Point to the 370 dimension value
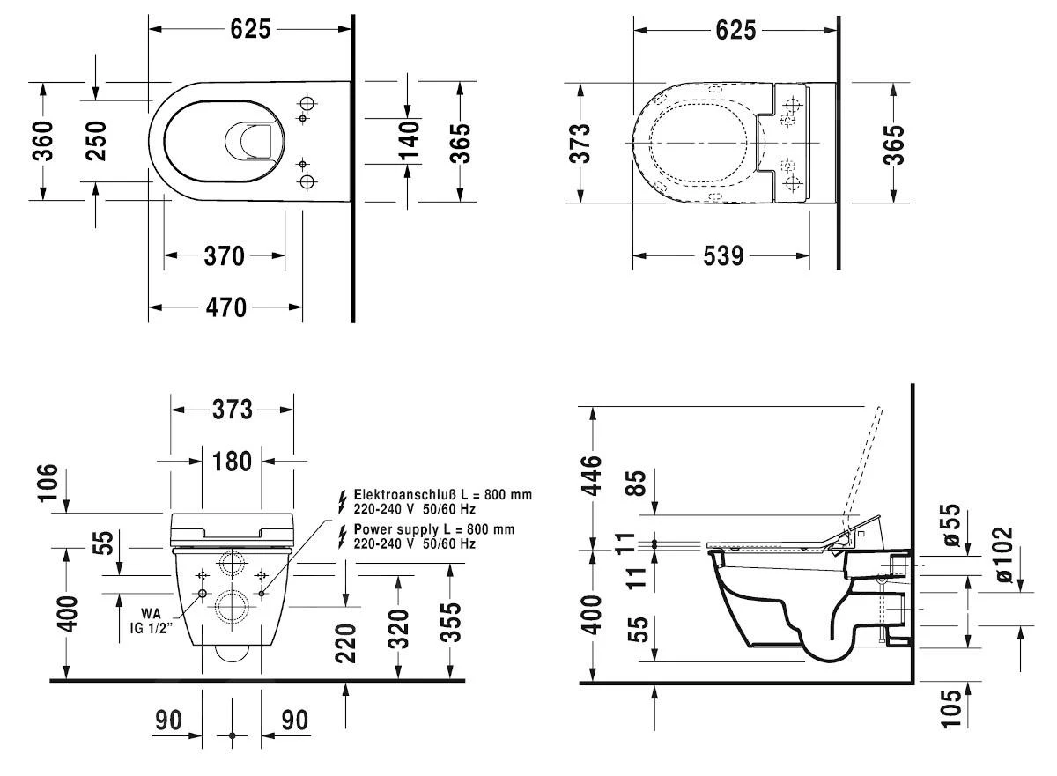224,256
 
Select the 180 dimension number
232,461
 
